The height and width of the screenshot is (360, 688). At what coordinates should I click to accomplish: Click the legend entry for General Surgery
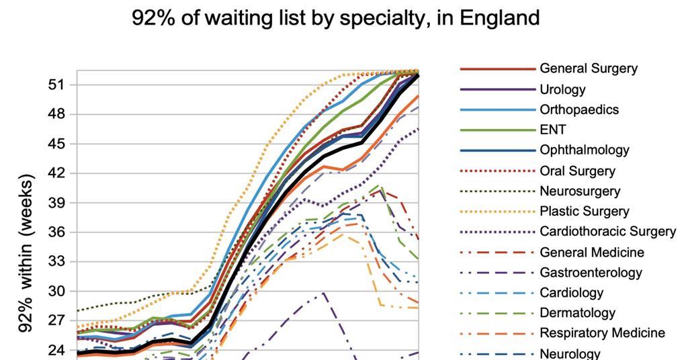click(589, 69)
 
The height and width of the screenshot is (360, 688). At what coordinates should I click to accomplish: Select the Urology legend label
click(562, 89)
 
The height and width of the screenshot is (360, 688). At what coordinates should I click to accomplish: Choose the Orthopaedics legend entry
click(579, 109)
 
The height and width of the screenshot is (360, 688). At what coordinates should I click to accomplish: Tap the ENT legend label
click(553, 130)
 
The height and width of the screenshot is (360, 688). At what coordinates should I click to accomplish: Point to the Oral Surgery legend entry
click(577, 171)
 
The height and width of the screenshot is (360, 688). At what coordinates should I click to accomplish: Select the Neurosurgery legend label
click(580, 191)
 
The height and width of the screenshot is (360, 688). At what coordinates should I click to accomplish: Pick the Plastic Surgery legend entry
click(585, 211)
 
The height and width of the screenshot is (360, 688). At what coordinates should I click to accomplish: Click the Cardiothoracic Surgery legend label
click(607, 231)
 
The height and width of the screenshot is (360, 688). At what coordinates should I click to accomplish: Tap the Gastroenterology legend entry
click(591, 272)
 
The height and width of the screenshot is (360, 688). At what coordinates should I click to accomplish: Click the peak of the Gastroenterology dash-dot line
click(324, 293)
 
